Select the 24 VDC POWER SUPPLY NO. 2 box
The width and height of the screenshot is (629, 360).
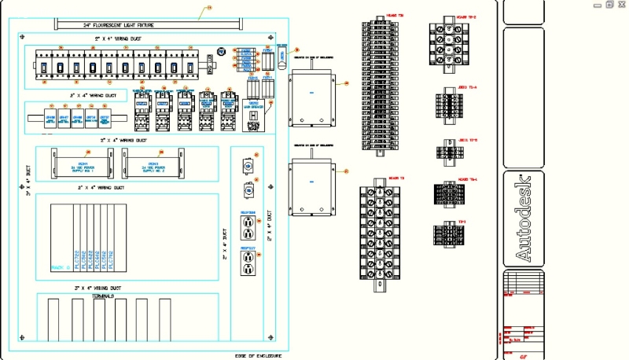point(158,167)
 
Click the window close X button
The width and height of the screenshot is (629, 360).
point(621,5)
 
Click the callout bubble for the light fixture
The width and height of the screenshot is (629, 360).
point(209,9)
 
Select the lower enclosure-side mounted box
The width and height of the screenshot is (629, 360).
point(314,187)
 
